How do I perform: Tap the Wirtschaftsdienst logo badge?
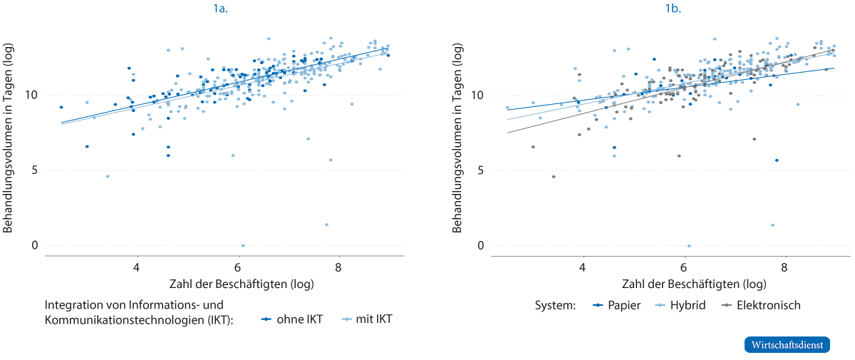coord(787,344)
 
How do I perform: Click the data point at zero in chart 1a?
coord(244,245)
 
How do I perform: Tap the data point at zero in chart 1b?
coord(689,246)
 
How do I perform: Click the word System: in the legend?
coord(554,305)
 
